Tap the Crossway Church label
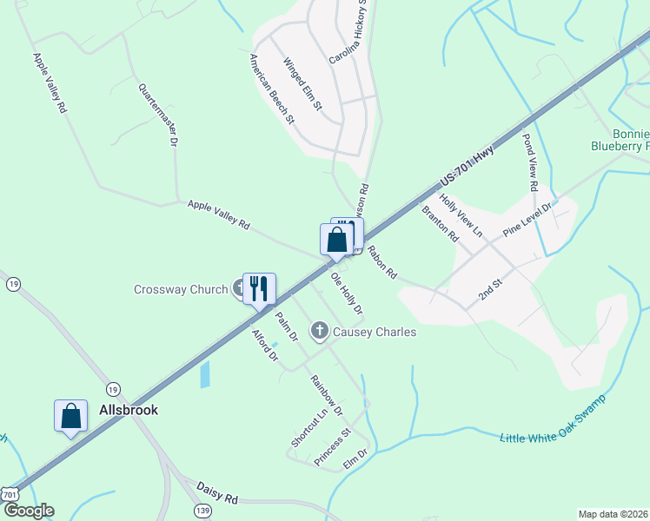pyautogui.click(x=181, y=289)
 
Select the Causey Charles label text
pyautogui.click(x=375, y=332)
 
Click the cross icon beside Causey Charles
pyautogui.click(x=320, y=331)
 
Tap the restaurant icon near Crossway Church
pyautogui.click(x=258, y=287)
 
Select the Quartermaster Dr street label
pyautogui.click(x=158, y=114)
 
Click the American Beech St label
pyautogui.click(x=271, y=90)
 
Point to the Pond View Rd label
pyautogui.click(x=530, y=162)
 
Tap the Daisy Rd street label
pyautogui.click(x=217, y=494)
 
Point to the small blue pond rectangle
pyautogui.click(x=205, y=374)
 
